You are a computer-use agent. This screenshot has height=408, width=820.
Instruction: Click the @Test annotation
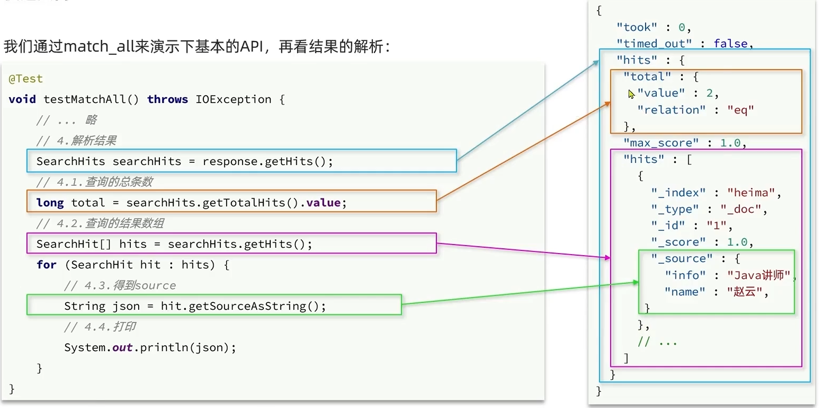[x=26, y=79]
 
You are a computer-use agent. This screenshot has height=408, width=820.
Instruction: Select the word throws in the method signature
[x=167, y=99]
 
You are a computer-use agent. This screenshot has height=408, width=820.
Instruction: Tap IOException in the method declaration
[x=233, y=99]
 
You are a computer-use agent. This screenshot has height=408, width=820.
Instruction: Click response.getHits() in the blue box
[x=267, y=161]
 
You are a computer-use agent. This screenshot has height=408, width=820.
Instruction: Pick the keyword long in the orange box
[x=50, y=203]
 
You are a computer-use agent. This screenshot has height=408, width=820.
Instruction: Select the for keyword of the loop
[x=46, y=265]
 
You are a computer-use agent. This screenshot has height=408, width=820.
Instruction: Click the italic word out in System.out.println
[x=122, y=348]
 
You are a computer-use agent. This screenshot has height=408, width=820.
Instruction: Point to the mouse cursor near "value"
[x=631, y=94]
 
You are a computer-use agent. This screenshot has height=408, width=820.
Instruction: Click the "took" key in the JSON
[x=636, y=27]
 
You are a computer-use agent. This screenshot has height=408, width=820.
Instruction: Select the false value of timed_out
[x=730, y=43]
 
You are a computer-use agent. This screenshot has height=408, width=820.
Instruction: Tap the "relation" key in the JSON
[x=671, y=110]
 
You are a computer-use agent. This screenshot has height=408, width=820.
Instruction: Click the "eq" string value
[x=741, y=110]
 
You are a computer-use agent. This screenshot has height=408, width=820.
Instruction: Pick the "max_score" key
[x=661, y=143]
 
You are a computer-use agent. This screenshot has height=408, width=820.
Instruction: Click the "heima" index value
[x=751, y=193]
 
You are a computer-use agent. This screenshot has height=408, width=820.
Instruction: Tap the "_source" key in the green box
[x=682, y=259]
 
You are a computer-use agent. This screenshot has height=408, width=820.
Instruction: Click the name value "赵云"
[x=744, y=292]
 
